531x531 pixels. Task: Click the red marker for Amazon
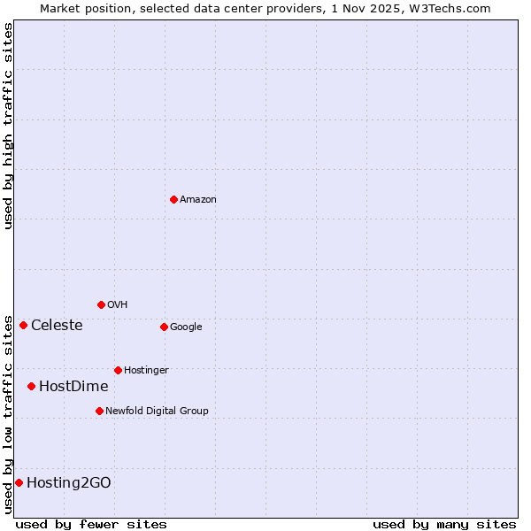click(173, 199)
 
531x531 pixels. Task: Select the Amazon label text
click(198, 200)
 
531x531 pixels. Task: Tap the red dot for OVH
click(101, 304)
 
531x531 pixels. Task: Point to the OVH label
click(118, 305)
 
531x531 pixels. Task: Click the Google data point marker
click(164, 327)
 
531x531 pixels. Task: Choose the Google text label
click(186, 327)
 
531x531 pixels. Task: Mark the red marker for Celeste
click(23, 325)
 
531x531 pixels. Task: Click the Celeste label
click(57, 326)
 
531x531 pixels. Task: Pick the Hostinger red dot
click(118, 370)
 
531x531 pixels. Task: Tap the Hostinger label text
click(146, 371)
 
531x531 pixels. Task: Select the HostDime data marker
click(31, 386)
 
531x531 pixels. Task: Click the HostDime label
click(73, 387)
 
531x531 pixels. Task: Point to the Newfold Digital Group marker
click(99, 411)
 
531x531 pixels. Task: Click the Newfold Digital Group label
click(157, 412)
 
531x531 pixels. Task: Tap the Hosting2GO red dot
click(19, 482)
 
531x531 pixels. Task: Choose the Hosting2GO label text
click(69, 483)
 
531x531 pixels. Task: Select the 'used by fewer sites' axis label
click(91, 524)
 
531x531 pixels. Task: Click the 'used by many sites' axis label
click(444, 524)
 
